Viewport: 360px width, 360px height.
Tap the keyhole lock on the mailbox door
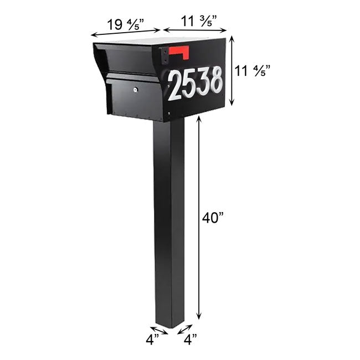click(x=136, y=88)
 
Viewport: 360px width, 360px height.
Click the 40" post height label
click(x=213, y=218)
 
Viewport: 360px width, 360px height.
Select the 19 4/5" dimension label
click(x=126, y=24)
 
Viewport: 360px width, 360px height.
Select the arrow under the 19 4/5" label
click(x=126, y=33)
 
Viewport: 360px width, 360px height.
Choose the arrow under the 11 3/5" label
click(x=194, y=32)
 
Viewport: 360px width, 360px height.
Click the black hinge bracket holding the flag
click(x=164, y=55)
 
